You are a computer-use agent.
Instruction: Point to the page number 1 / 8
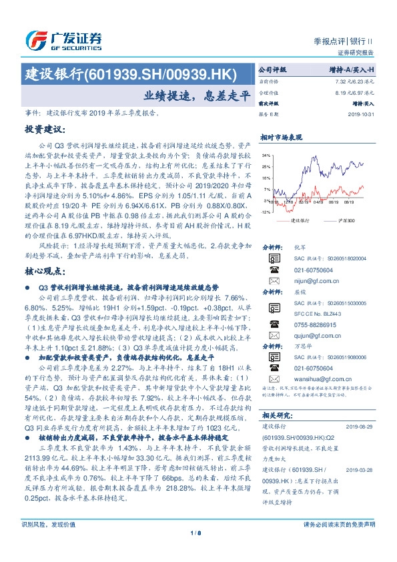click(x=198, y=551)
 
